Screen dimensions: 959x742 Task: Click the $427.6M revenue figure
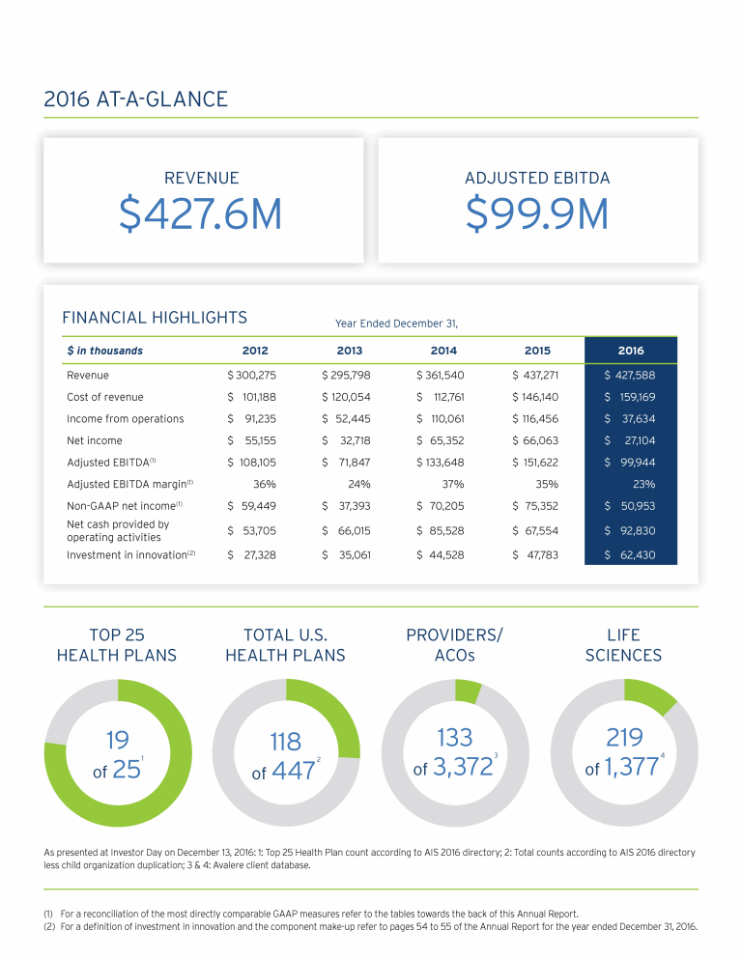[x=200, y=214]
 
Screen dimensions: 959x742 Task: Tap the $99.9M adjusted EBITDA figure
[x=537, y=214]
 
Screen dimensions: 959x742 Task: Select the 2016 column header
[x=630, y=351]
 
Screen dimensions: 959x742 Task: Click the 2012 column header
[x=254, y=351]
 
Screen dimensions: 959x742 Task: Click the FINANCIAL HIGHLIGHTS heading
[x=155, y=317]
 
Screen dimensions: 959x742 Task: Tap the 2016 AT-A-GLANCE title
[x=136, y=99]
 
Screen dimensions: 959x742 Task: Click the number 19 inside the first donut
[x=117, y=740]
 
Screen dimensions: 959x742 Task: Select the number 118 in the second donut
[x=286, y=741]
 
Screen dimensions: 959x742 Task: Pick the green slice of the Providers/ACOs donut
[x=468, y=691]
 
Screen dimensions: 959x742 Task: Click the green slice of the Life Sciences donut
[x=649, y=695]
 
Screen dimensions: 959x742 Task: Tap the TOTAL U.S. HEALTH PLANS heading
[x=285, y=645]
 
